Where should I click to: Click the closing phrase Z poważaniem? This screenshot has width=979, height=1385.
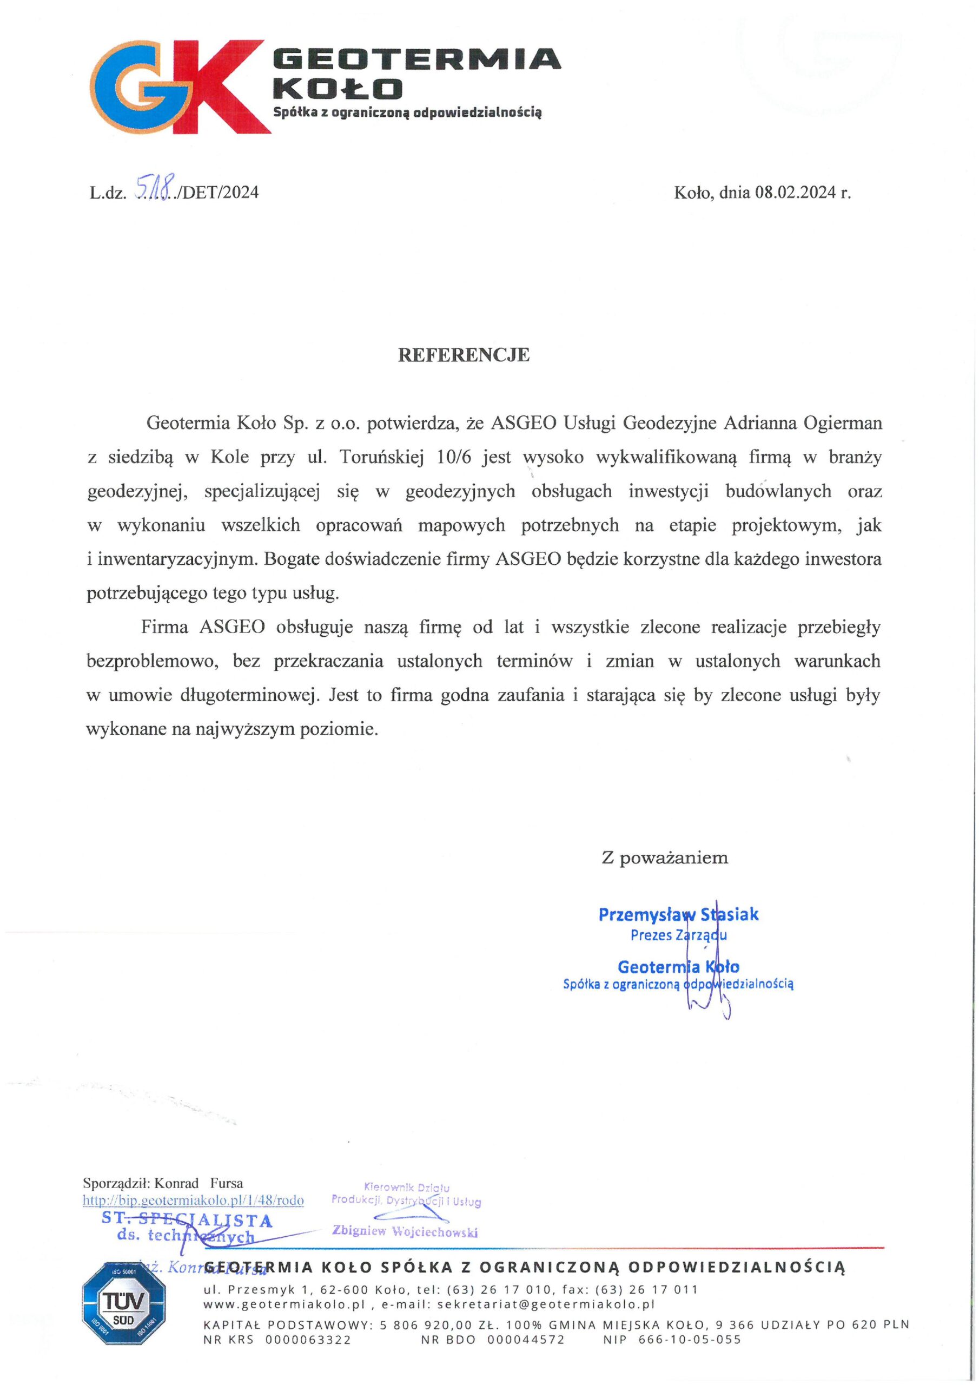pyautogui.click(x=664, y=858)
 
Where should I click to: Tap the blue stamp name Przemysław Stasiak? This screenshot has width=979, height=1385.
pyautogui.click(x=678, y=915)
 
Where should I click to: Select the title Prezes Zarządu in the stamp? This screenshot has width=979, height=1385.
pyautogui.click(x=678, y=935)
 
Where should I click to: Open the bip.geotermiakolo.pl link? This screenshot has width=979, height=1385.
pyautogui.click(x=193, y=1200)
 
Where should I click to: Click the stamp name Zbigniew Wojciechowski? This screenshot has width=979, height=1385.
pyautogui.click(x=405, y=1231)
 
